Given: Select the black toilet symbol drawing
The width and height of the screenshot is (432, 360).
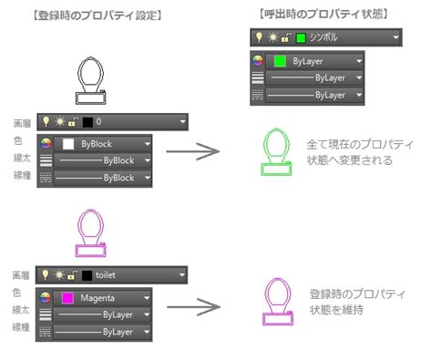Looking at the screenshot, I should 94,83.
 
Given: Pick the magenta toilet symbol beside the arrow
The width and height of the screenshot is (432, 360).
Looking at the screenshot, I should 276,302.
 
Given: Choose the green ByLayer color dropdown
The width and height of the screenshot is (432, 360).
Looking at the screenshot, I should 310,60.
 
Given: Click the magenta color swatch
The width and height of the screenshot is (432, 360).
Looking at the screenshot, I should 67,297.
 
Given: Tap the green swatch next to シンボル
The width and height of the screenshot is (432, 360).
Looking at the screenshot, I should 301,37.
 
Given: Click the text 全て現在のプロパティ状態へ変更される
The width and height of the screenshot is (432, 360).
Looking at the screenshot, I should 361,152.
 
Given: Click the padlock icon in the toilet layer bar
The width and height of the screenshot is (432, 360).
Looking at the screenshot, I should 74,274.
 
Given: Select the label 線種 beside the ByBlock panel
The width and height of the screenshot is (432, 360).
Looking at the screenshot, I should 20,177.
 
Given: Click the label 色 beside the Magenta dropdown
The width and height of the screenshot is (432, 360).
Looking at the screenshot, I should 15,292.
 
